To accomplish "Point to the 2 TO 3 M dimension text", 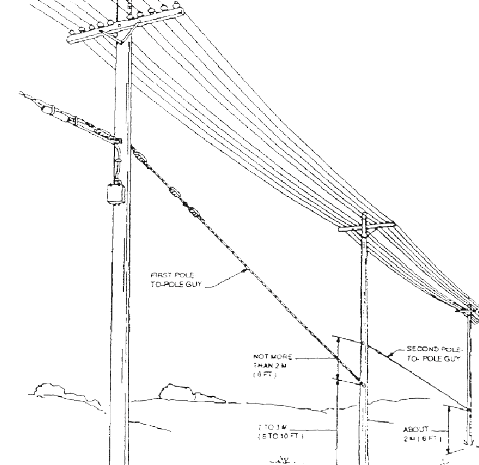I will (272, 430).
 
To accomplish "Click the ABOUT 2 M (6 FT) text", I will (423, 433).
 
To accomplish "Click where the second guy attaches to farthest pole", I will (469, 409).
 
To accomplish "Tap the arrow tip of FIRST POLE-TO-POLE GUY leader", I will (245, 270).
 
